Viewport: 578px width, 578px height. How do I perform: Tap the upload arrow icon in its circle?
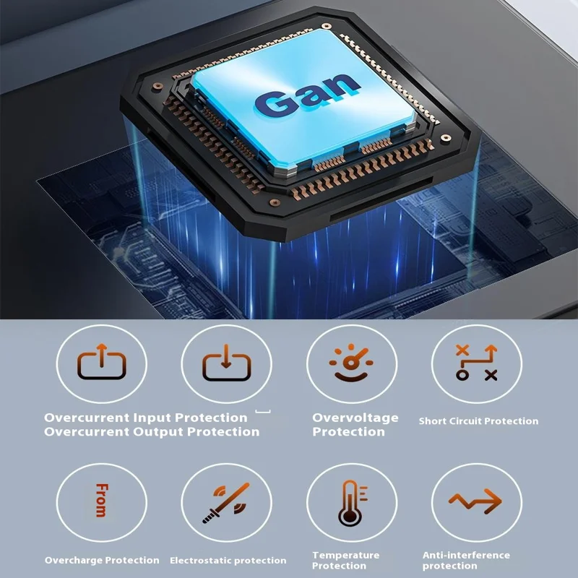[102, 362]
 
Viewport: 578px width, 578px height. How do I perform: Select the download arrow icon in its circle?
[226, 363]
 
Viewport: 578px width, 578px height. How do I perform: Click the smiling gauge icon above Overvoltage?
[351, 363]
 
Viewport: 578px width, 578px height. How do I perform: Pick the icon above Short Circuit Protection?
[477, 363]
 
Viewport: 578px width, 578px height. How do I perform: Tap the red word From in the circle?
[102, 500]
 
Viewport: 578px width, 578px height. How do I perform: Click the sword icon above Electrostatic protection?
[226, 503]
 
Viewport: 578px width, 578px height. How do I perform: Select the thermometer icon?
[353, 503]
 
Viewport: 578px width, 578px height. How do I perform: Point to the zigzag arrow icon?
[475, 501]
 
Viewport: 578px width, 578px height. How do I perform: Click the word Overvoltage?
[355, 418]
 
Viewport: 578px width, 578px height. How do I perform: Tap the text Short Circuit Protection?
[478, 421]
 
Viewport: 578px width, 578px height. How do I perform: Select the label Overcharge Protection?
[102, 561]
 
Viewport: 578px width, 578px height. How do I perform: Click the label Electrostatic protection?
[228, 561]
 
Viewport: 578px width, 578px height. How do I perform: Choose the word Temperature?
[346, 555]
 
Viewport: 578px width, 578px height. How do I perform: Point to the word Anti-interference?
[466, 555]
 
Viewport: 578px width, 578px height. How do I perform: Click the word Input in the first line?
[152, 418]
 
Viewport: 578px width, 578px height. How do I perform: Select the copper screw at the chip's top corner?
[327, 26]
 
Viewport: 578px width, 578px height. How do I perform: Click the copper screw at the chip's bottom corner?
[275, 202]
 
